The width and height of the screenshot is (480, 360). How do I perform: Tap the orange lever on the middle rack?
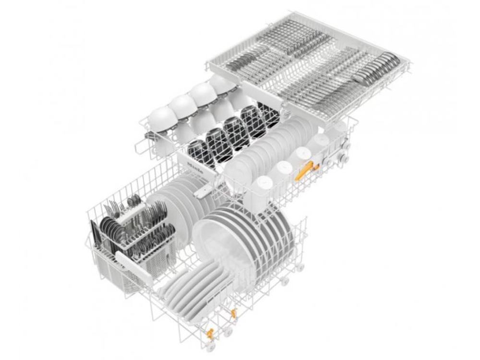304,170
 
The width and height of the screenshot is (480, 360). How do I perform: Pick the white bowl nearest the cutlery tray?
222,84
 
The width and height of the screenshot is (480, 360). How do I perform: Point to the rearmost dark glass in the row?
268,114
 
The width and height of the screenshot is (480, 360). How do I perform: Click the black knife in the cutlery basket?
94,236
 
